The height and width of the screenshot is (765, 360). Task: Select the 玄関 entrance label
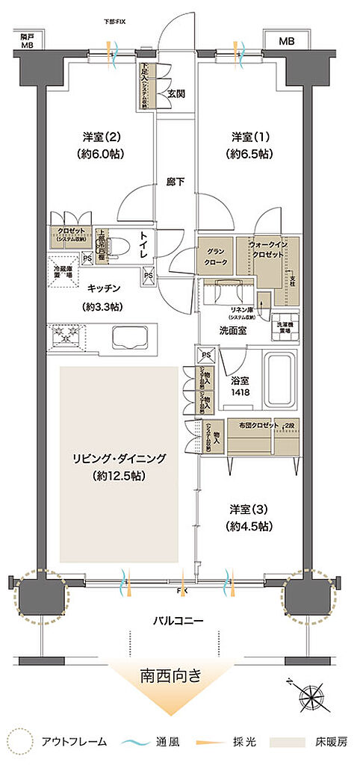click(x=176, y=93)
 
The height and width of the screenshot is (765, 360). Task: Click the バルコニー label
click(x=179, y=621)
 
